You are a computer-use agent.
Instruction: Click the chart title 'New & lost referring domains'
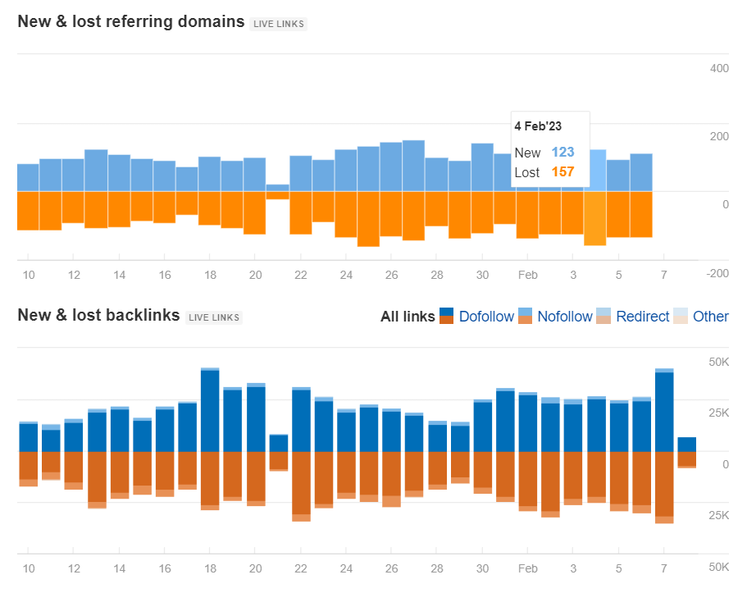[x=131, y=21]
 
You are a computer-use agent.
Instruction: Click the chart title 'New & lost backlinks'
[x=98, y=315]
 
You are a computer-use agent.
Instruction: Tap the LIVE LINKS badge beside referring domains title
[x=279, y=24]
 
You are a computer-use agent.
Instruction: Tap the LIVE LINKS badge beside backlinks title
[x=214, y=317]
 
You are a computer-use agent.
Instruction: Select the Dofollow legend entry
[x=486, y=317]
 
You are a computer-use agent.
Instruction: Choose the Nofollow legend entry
[x=564, y=317]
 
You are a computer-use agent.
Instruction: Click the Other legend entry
[x=710, y=317]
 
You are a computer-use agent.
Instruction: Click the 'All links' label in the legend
[x=408, y=317]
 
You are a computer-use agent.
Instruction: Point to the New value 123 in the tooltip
[x=563, y=153]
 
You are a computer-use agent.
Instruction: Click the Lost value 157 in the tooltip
[x=563, y=172]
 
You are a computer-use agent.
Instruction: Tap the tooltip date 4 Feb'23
[x=538, y=126]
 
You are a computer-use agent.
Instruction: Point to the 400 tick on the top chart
[x=718, y=68]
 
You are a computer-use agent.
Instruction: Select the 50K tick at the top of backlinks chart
[x=718, y=362]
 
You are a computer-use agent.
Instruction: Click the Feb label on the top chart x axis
[x=527, y=275]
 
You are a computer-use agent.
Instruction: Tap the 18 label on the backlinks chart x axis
[x=210, y=568]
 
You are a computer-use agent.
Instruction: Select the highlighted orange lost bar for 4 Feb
[x=594, y=218]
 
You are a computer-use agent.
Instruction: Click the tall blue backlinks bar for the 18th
[x=210, y=410]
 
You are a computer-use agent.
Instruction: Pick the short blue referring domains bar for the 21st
[x=278, y=188]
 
